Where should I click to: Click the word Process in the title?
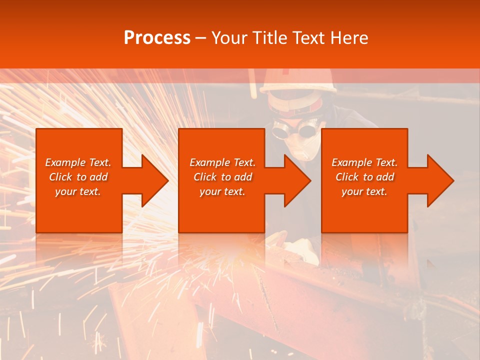pos(157,38)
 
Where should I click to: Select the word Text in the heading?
pos(310,38)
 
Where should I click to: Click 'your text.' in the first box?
pos(78,191)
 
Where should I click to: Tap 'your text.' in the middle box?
pos(222,191)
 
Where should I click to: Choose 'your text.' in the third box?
pos(364,191)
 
